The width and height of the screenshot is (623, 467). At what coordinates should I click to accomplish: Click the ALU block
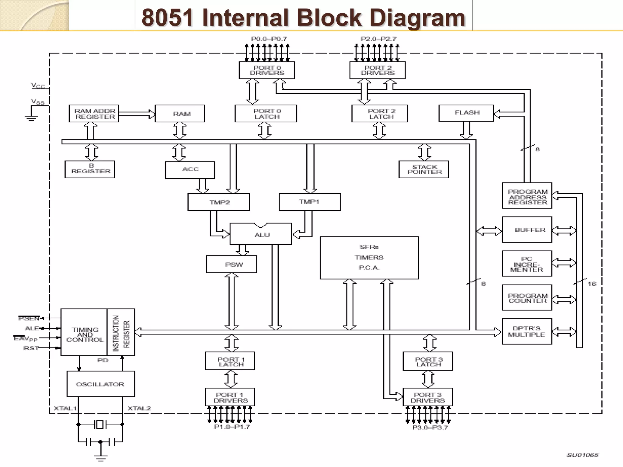(261, 234)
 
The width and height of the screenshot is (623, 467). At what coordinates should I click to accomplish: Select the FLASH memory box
(466, 113)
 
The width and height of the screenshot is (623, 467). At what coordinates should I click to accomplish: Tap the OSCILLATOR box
(100, 384)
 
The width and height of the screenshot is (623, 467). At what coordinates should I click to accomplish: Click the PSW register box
(231, 264)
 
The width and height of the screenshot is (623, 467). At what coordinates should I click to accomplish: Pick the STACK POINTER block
(423, 169)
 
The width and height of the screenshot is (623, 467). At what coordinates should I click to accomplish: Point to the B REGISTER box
(90, 169)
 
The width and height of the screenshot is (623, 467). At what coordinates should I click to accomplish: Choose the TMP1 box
(310, 202)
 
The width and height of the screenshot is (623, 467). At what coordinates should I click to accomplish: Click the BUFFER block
(527, 230)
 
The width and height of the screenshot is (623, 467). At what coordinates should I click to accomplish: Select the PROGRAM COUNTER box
(527, 298)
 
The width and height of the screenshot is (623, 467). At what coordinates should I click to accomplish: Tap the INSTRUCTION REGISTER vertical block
(121, 332)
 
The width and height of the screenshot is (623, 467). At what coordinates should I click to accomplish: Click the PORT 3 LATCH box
(428, 361)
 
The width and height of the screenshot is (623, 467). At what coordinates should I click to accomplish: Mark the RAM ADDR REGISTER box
(94, 113)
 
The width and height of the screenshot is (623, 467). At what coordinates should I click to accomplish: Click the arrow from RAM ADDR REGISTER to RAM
(137, 114)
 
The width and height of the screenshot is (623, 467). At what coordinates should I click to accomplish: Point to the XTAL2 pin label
(139, 408)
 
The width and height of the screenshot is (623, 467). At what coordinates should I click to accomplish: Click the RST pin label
(31, 348)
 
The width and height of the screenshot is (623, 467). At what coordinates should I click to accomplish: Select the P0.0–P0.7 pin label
(269, 39)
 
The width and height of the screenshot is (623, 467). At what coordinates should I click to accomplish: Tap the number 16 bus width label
(592, 284)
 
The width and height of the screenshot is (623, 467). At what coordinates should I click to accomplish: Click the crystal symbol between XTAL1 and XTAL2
(100, 424)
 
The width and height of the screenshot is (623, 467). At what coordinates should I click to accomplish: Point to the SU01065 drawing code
(582, 455)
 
